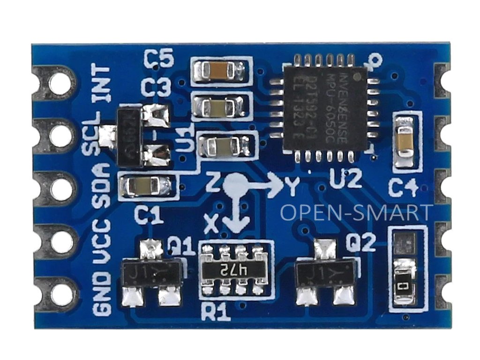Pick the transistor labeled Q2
point(324,271)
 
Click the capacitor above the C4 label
point(404,140)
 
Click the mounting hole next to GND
point(61,294)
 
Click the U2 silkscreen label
point(345,179)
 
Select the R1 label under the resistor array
point(215,311)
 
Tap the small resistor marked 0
point(405,285)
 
